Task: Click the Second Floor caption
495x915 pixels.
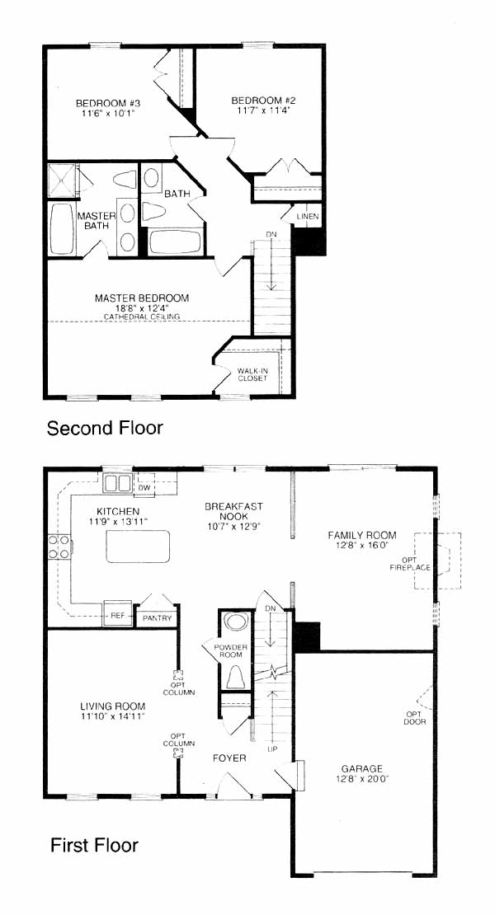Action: pos(105,429)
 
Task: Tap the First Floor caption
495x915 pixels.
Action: pos(95,845)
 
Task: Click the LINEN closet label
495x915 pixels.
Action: pos(308,217)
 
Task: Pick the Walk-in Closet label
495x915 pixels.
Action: pos(252,374)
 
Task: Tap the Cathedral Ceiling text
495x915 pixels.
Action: pos(142,317)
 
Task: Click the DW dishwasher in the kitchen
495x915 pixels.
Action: pos(144,487)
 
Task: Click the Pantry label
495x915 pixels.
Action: pos(157,618)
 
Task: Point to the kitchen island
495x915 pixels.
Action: pos(138,547)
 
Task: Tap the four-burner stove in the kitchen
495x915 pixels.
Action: pos(59,547)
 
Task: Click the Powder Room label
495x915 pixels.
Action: pos(230,650)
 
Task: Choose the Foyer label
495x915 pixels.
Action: pos(229,758)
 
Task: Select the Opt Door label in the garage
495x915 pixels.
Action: pos(415,717)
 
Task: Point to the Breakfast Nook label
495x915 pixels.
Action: pos(233,511)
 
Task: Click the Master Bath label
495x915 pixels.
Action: pos(97,221)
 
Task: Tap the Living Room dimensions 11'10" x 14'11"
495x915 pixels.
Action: pos(113,716)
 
